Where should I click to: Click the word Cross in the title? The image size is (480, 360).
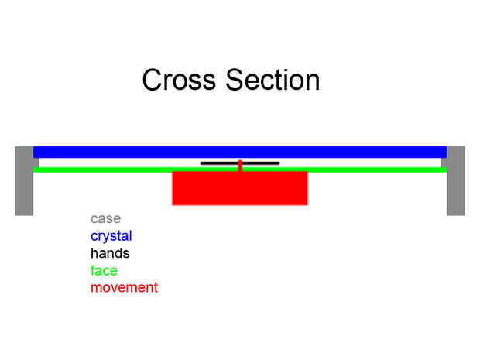179,80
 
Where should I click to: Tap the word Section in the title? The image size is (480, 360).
273,80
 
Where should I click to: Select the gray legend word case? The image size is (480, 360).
105,219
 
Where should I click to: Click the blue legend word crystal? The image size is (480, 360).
111,236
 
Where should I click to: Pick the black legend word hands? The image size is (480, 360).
110,253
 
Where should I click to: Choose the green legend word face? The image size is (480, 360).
104,271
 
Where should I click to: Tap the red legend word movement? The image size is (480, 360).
125,288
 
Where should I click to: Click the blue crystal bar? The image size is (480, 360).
240,153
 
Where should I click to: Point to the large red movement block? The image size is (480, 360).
240,188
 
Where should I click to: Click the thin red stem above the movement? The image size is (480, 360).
240,166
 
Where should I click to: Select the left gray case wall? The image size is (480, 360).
24,181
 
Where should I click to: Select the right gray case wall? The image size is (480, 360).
456,181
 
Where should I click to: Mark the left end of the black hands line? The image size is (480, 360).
201,163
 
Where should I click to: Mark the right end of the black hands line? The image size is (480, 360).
279,163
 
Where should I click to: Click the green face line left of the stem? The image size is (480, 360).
135,170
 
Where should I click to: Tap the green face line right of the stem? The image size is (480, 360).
345,170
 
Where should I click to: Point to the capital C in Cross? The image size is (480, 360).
152,80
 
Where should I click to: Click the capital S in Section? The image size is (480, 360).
235,80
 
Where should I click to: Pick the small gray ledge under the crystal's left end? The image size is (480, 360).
36,163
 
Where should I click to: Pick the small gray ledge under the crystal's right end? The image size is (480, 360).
444,163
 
